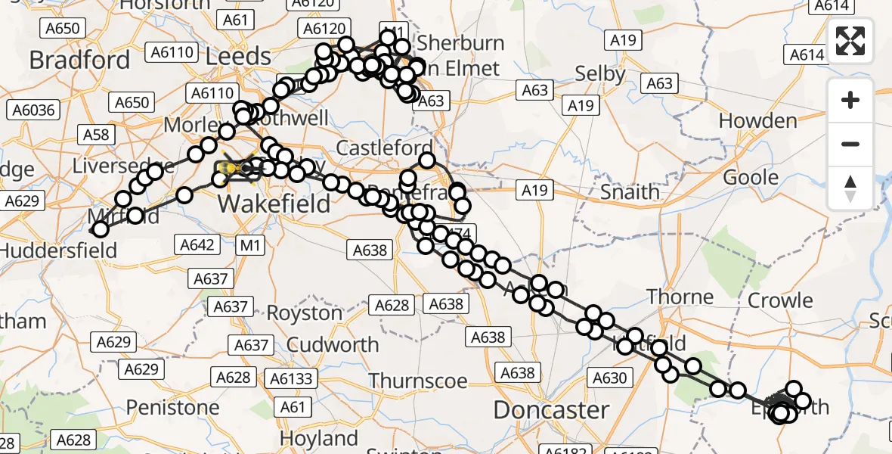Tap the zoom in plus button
(850, 101)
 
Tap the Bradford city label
(80, 59)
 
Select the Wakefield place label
(274, 203)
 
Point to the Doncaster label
(551, 410)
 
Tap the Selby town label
(600, 74)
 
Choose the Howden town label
(757, 120)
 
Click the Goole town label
(751, 177)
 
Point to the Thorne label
(680, 297)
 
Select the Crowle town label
(780, 300)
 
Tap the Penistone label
(172, 407)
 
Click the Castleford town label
(385, 148)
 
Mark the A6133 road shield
(291, 378)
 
